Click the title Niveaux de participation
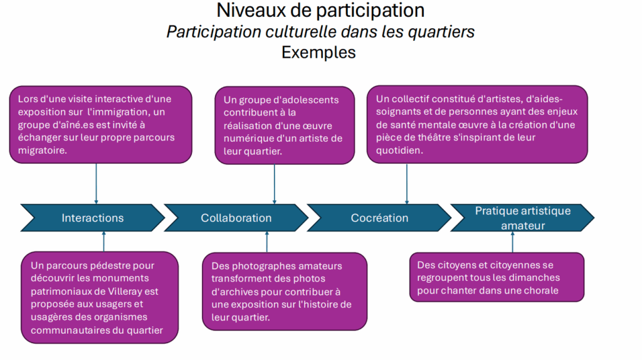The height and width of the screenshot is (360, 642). click(320, 11)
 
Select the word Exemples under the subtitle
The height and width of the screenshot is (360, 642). click(318, 53)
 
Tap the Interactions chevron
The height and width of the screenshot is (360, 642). click(93, 218)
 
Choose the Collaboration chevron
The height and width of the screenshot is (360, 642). click(236, 218)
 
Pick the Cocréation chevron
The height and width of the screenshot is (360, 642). click(379, 218)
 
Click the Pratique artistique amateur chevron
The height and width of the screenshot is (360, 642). click(522, 218)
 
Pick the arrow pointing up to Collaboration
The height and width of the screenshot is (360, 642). click(267, 241)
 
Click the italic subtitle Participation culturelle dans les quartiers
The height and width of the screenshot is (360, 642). click(320, 32)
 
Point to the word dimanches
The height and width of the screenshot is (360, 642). click(534, 278)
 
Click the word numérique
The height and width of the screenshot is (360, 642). click(248, 139)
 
